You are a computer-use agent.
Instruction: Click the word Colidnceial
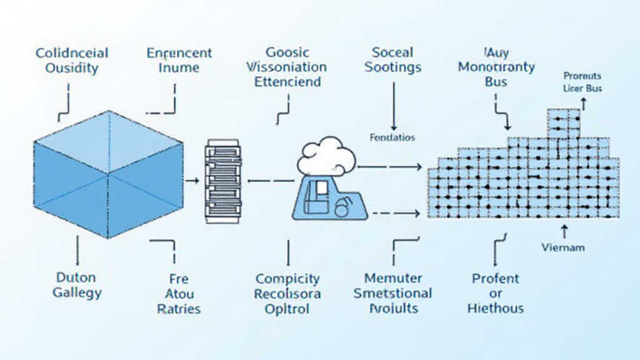pyautogui.click(x=72, y=52)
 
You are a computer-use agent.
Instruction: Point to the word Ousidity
pyautogui.click(x=72, y=67)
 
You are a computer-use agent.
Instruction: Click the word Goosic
pyautogui.click(x=287, y=52)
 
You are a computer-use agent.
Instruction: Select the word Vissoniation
pyautogui.click(x=287, y=67)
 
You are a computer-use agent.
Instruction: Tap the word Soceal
pyautogui.click(x=392, y=52)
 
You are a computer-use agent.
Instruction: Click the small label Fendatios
pyautogui.click(x=392, y=137)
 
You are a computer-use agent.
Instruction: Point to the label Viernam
pyautogui.click(x=563, y=247)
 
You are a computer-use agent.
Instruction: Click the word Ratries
pyautogui.click(x=179, y=308)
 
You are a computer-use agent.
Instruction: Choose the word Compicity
pyautogui.click(x=287, y=279)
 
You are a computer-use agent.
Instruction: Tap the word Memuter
pyautogui.click(x=392, y=278)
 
